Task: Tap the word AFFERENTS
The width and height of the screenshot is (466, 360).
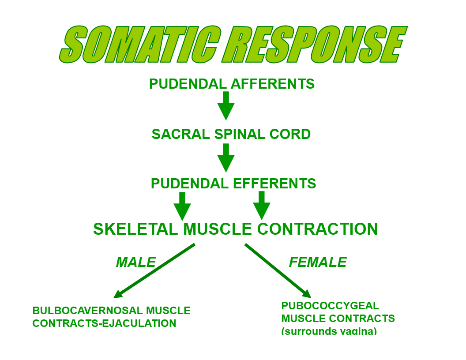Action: click(274, 84)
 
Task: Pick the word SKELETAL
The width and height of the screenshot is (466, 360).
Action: click(135, 229)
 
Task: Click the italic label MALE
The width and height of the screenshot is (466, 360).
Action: click(136, 262)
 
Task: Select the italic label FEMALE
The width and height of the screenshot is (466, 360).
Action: click(318, 262)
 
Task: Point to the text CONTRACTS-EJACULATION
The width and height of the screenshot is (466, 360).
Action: click(104, 323)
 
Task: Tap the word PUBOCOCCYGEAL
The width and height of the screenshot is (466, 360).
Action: click(330, 306)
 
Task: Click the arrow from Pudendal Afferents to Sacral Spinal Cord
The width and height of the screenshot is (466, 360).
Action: click(226, 106)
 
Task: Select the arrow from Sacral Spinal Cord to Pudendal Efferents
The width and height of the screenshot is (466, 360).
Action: click(226, 157)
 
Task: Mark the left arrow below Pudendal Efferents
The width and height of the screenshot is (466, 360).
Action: click(182, 206)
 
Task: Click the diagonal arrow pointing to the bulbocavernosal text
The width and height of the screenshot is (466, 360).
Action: click(154, 270)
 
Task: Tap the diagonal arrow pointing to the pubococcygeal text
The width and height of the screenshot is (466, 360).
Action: click(278, 270)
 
